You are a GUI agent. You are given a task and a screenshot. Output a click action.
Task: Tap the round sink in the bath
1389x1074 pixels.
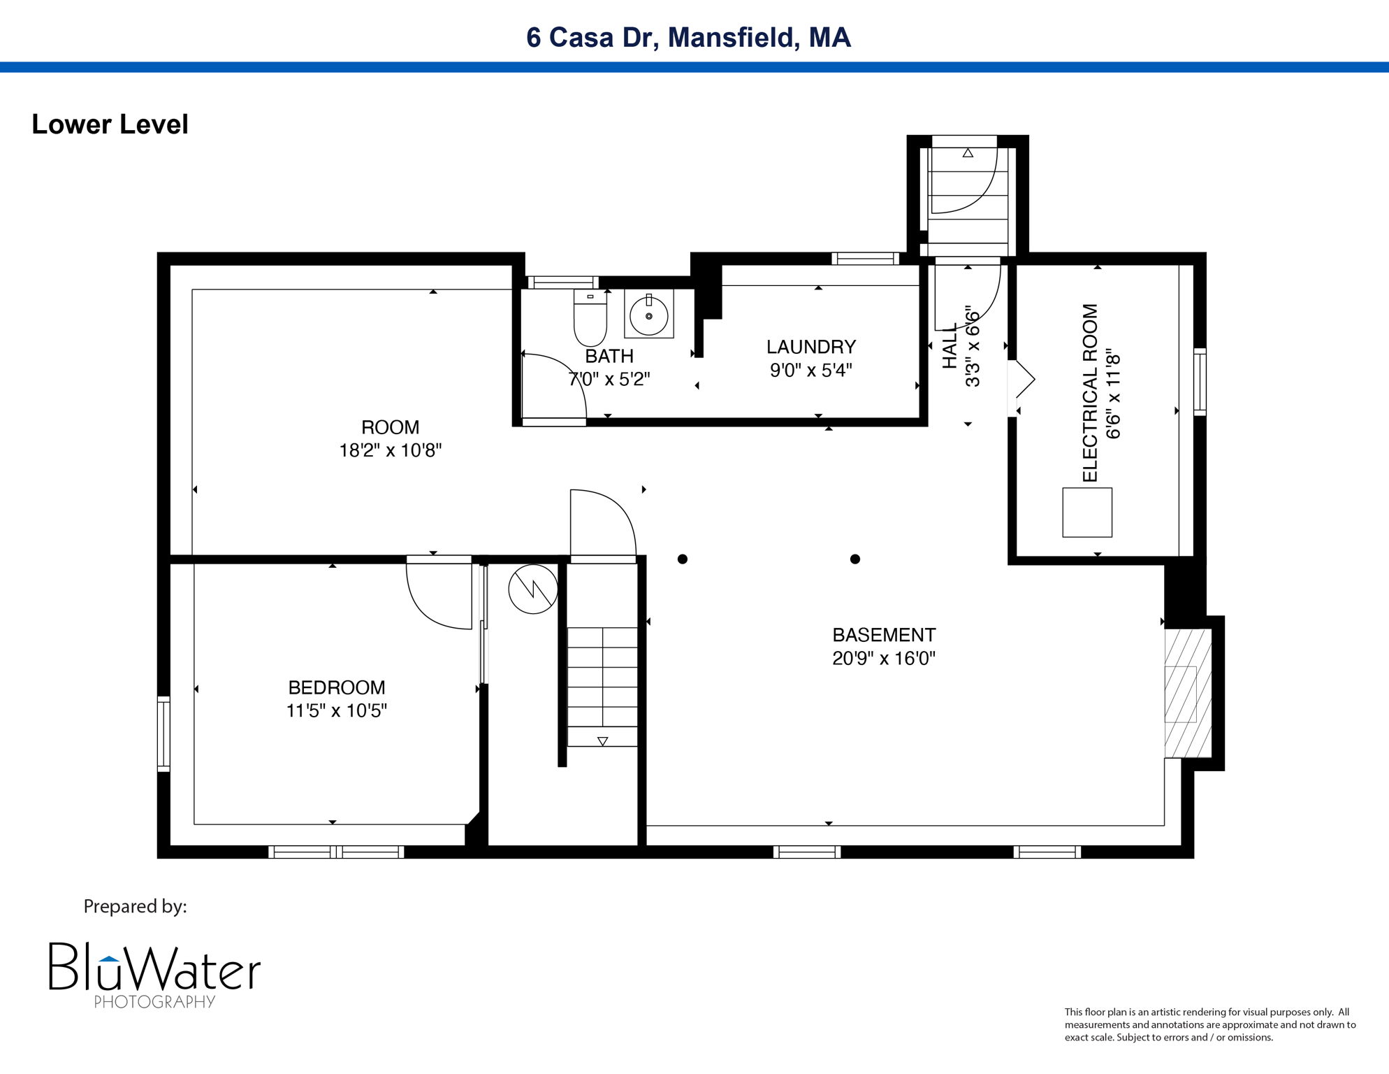coord(648,316)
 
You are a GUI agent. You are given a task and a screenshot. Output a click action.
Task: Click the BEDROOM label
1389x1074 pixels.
coord(336,687)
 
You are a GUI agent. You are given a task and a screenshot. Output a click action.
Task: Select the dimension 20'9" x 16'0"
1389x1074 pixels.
coord(883,659)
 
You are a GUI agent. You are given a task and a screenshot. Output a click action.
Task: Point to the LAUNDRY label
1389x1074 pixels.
coord(810,347)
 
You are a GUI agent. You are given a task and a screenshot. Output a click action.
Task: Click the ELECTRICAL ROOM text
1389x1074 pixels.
coord(1090,393)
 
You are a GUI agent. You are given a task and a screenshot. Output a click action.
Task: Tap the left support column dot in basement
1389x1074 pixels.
coord(683,559)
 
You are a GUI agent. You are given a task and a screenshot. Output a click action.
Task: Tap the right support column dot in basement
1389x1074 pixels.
coord(855,559)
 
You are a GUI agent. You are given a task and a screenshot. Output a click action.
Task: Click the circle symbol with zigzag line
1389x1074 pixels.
coord(533,589)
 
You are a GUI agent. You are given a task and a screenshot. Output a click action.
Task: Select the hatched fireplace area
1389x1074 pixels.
coord(1187,693)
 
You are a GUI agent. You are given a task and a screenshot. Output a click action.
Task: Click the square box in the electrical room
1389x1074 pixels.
coord(1087,513)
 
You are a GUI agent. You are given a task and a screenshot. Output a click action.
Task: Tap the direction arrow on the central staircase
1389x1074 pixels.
coord(602,741)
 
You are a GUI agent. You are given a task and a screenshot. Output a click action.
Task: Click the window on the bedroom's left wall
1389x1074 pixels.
coord(163,733)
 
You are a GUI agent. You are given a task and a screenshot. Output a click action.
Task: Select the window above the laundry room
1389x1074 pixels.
coord(865,259)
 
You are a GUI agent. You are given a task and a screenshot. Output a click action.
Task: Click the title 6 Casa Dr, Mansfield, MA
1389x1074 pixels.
coord(688,37)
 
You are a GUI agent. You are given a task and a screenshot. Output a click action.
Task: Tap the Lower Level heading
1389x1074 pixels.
coord(110,124)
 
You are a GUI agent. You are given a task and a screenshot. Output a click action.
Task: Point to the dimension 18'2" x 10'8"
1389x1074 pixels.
coord(390,450)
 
